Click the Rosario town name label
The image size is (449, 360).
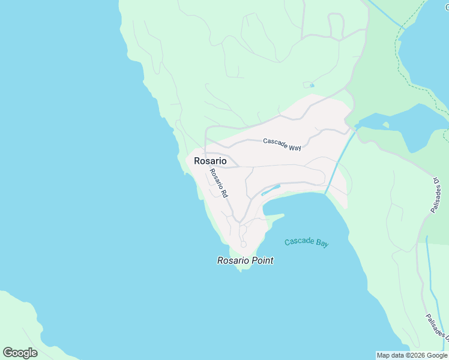(210, 161)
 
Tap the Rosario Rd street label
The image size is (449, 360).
(218, 184)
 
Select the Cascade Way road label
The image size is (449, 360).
(282, 144)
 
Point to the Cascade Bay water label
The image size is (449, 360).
(307, 242)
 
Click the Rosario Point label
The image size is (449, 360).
(245, 260)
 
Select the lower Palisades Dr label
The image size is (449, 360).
(438, 329)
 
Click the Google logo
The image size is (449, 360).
(20, 353)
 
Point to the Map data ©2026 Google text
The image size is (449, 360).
(412, 355)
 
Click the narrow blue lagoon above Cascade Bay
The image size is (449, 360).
(271, 190)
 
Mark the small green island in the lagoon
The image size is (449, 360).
(385, 125)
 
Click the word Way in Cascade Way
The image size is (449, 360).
(294, 147)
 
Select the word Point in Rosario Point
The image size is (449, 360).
(260, 260)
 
